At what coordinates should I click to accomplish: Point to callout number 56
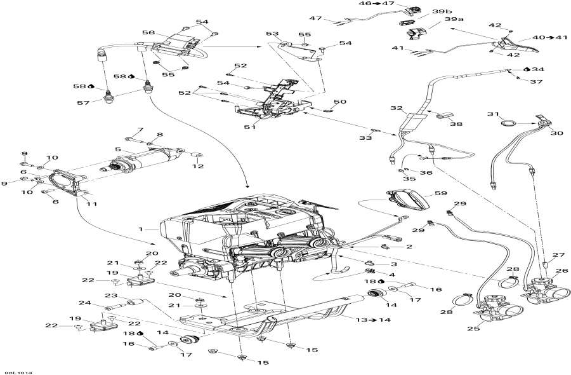pos(148,32)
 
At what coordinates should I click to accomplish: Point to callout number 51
pos(249,126)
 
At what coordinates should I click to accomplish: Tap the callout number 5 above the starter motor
pos(117,150)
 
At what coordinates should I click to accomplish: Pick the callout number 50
pos(341,102)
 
